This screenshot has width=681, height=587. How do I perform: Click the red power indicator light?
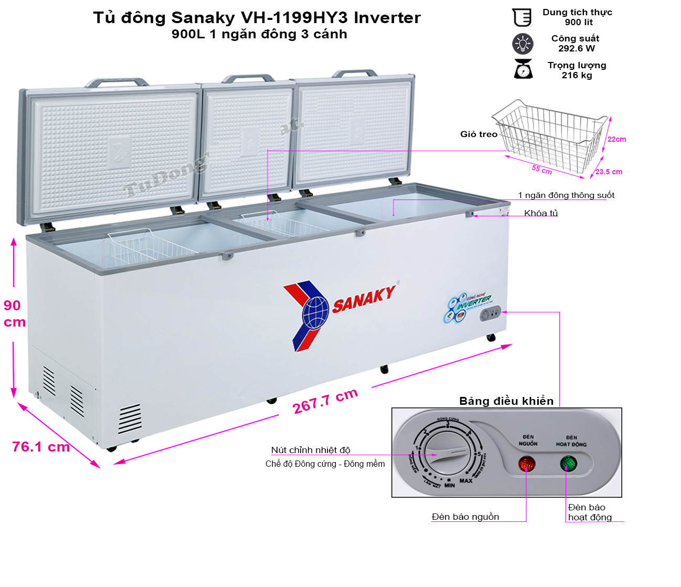(527, 464)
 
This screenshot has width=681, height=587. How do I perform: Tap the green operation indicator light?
(568, 464)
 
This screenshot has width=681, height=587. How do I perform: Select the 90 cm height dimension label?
(14, 313)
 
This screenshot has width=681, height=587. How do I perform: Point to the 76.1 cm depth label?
(41, 447)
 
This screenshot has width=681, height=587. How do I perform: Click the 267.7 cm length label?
(325, 401)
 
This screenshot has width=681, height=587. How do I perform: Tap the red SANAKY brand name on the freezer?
(364, 299)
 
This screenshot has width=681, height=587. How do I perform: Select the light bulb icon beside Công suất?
(523, 44)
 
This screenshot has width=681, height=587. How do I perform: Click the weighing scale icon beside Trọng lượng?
(523, 69)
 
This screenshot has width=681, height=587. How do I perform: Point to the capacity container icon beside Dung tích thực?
(522, 17)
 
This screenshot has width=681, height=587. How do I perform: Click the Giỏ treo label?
(478, 134)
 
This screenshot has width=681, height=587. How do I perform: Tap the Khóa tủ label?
(541, 213)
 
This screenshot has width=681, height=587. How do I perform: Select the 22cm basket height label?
(616, 139)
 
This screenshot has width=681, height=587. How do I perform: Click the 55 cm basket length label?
(541, 170)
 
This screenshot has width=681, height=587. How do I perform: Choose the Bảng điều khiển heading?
(506, 401)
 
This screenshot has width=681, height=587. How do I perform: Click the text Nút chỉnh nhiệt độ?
(311, 450)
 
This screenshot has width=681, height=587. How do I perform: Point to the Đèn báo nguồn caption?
(465, 517)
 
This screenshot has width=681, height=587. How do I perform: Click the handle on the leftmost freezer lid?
(117, 82)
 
